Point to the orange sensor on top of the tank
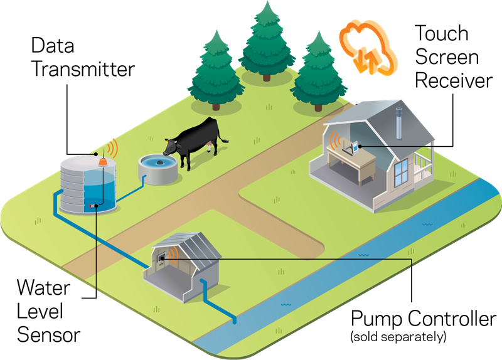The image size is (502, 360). (x=103, y=162)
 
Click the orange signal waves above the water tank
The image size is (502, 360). (x=112, y=149)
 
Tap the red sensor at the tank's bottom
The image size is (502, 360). (x=92, y=205)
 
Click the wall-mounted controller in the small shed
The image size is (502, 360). (x=162, y=257)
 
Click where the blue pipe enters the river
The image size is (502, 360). (x=235, y=320)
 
